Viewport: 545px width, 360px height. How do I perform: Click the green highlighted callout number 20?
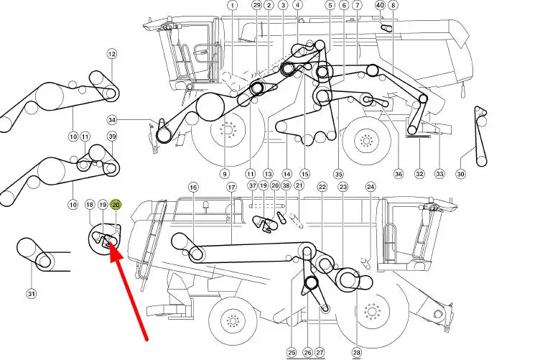(116, 205)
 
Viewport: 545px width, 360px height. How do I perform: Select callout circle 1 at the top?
(233, 5)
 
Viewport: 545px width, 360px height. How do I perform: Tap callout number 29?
(257, 5)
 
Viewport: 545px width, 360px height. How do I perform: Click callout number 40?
(381, 5)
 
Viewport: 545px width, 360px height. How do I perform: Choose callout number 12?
(111, 54)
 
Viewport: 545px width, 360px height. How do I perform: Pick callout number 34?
(111, 120)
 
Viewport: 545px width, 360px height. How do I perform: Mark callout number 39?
(112, 137)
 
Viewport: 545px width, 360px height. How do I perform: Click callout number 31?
(32, 294)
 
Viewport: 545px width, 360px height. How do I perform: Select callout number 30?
(460, 174)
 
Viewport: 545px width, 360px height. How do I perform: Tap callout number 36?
(398, 174)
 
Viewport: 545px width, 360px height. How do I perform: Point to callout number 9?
(225, 174)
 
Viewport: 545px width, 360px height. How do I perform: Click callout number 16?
(194, 188)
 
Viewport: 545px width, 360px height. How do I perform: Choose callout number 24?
(371, 187)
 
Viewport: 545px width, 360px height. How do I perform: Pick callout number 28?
(357, 353)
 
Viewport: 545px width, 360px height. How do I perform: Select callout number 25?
(292, 353)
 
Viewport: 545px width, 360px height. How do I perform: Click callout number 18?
(90, 205)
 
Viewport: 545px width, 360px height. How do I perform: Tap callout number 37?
(253, 185)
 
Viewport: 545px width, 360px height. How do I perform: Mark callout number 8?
(393, 5)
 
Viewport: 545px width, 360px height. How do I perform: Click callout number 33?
(439, 174)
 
